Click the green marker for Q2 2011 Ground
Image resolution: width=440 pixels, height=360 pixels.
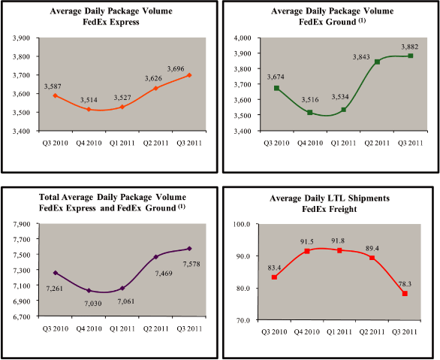click(x=377, y=62)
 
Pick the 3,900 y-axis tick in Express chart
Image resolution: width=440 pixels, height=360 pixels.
click(x=28, y=38)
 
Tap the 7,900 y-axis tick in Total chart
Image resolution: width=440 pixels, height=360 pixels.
click(x=28, y=224)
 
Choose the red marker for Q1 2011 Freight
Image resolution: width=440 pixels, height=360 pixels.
click(x=339, y=250)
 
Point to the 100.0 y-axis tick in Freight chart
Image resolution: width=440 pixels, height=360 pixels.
click(x=249, y=224)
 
